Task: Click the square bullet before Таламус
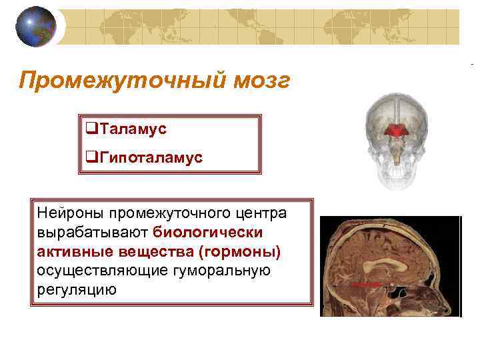pos(91,128)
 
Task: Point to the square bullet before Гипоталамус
pos(91,157)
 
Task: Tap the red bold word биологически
pos(208,232)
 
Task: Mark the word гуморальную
pos(214,271)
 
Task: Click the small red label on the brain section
pos(365,283)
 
